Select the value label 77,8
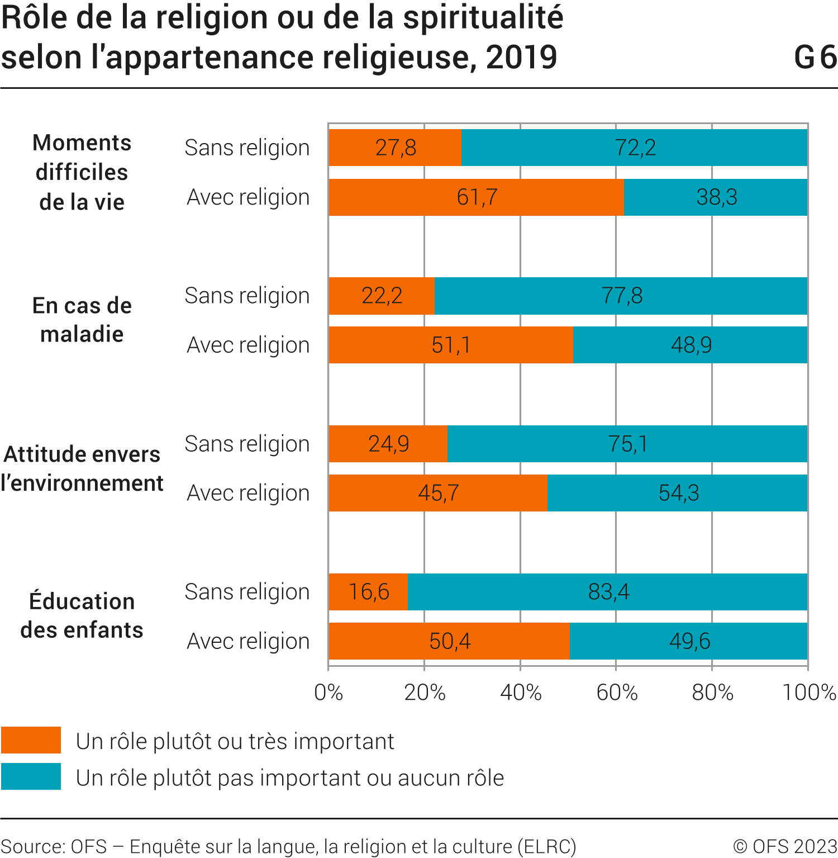[622, 296]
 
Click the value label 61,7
[477, 197]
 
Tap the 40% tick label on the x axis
[521, 693]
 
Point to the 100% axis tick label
[808, 693]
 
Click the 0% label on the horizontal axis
[328, 693]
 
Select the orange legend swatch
[31, 740]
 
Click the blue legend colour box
[31, 776]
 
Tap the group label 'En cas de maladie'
[82, 320]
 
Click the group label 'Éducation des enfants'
[82, 615]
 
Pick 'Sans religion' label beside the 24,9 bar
[247, 444]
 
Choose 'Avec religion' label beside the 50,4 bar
[248, 641]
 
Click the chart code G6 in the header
[815, 58]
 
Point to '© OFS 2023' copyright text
[784, 846]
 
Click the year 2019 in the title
[522, 58]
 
